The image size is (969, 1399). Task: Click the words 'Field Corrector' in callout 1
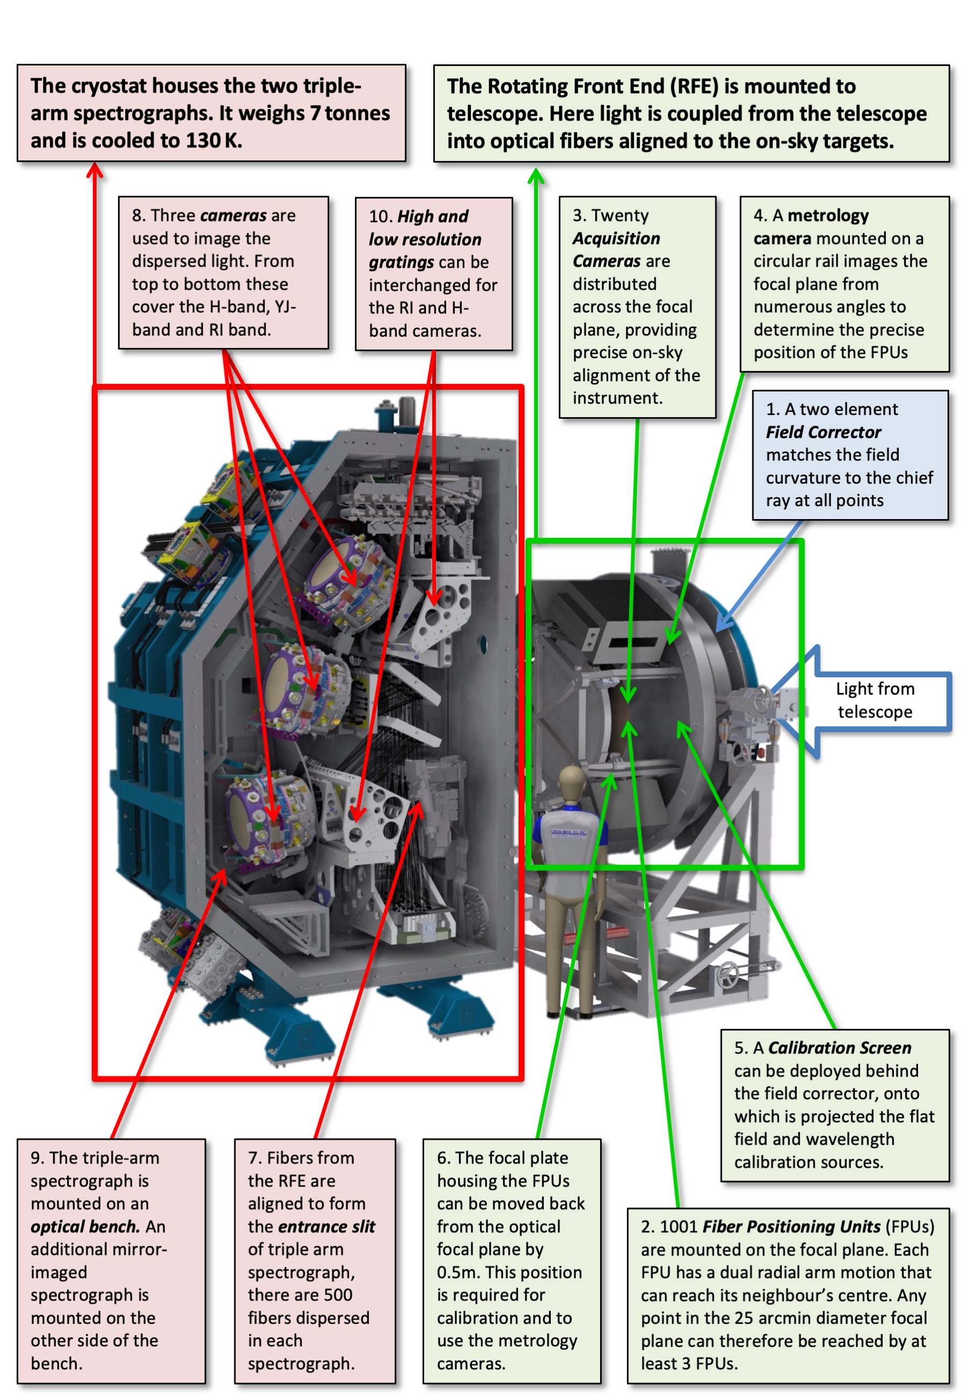pyautogui.click(x=823, y=432)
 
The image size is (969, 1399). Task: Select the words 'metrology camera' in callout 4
pyautogui.click(x=811, y=227)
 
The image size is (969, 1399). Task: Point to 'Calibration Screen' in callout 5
pyautogui.click(x=839, y=1048)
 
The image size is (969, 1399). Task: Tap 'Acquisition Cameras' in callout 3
pyautogui.click(x=616, y=249)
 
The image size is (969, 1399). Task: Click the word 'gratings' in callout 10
pyautogui.click(x=401, y=262)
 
